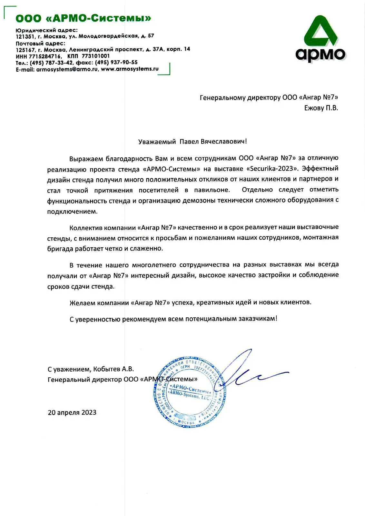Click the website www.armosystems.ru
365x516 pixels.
(x=130, y=69)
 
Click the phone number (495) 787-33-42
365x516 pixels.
(x=52, y=63)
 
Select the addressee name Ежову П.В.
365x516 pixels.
(x=321, y=108)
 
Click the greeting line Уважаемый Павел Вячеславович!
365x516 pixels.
(x=192, y=142)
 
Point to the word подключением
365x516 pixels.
(x=72, y=212)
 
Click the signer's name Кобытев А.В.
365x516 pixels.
(x=113, y=369)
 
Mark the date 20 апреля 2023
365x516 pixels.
(x=72, y=412)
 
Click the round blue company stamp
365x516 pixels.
(x=190, y=392)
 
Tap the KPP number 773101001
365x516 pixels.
(x=96, y=56)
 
